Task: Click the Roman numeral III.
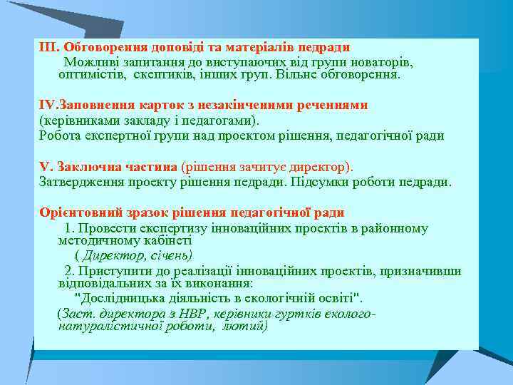click(48, 48)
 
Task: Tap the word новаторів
click(384, 62)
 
